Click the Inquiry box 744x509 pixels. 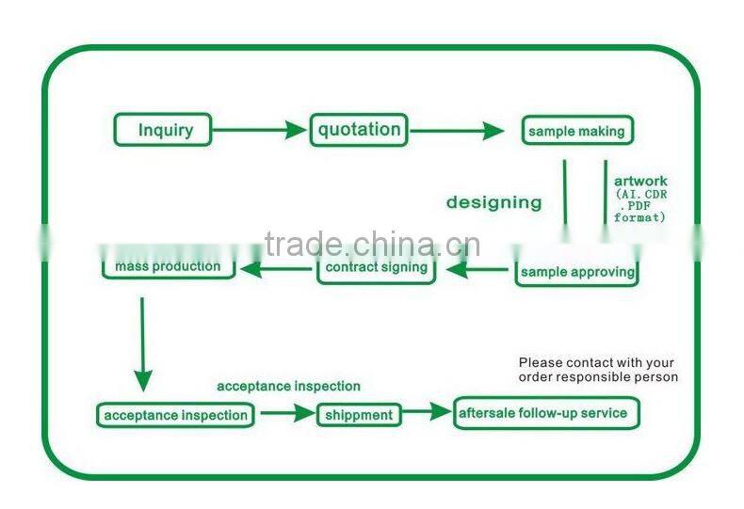(163, 130)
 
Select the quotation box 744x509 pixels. (359, 130)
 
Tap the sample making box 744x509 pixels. (575, 131)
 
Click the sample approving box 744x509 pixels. (576, 272)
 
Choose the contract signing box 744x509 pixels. (376, 268)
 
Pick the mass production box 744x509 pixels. (168, 267)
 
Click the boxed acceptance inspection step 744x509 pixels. (175, 415)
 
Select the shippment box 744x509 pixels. (358, 415)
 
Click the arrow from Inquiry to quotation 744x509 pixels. (260, 131)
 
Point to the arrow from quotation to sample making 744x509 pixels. (458, 131)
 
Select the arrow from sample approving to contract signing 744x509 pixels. (477, 271)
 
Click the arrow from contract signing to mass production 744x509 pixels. (277, 270)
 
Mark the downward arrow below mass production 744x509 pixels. (142, 344)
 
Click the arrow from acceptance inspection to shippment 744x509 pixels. (287, 413)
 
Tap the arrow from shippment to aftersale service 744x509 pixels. (427, 412)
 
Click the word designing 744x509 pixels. (493, 202)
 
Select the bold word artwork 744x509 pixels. (640, 181)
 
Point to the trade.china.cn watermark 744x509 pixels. (373, 245)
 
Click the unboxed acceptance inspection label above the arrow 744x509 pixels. (288, 386)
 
